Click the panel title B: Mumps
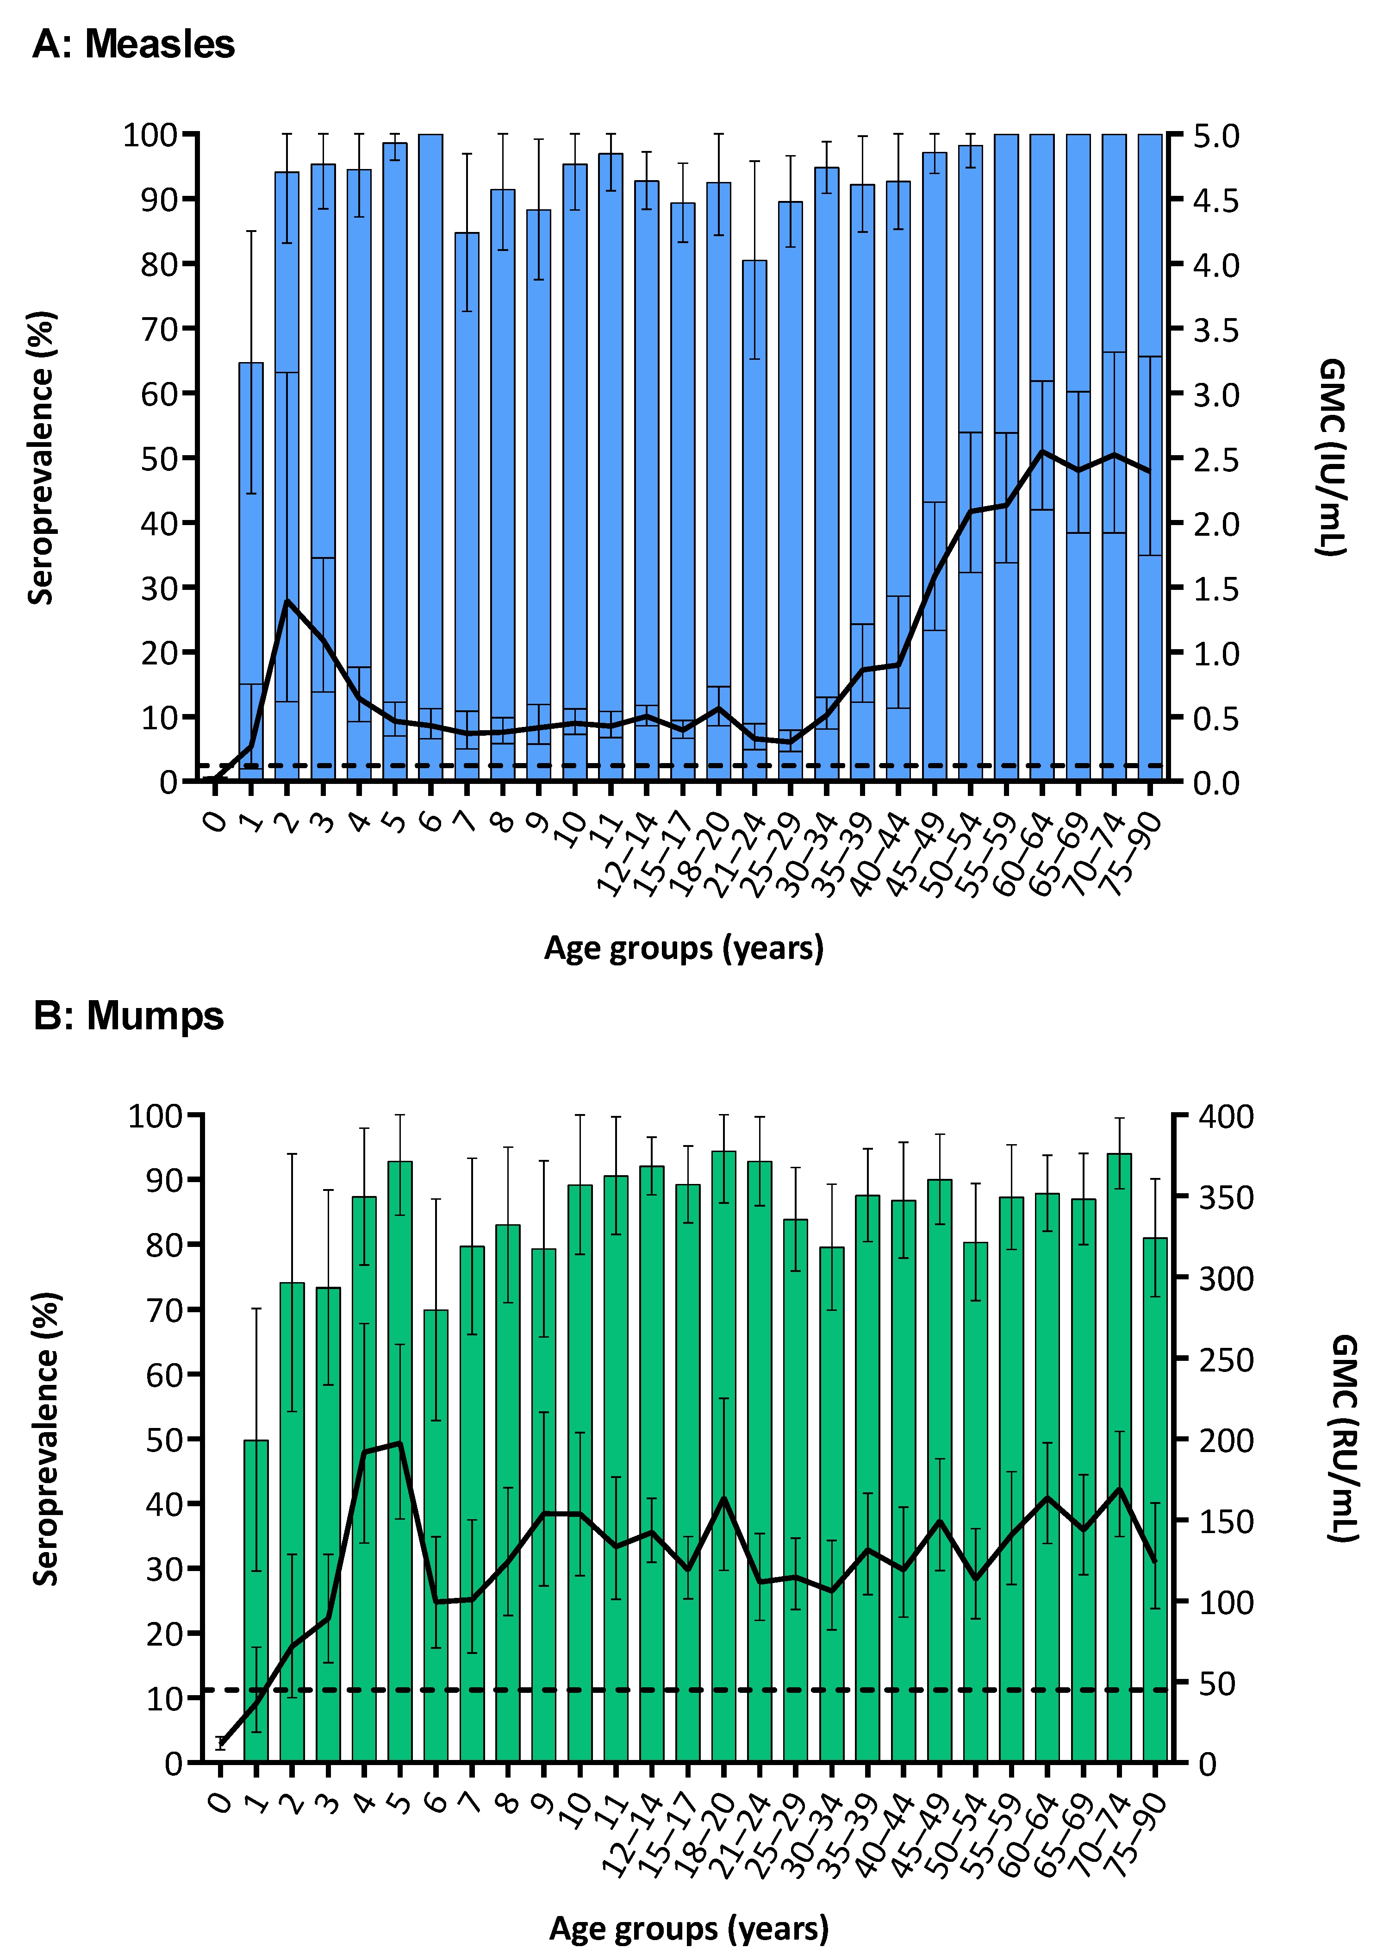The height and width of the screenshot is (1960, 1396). (129, 1015)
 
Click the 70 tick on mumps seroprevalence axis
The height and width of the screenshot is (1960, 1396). (163, 1310)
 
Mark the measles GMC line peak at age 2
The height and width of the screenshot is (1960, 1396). (287, 601)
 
